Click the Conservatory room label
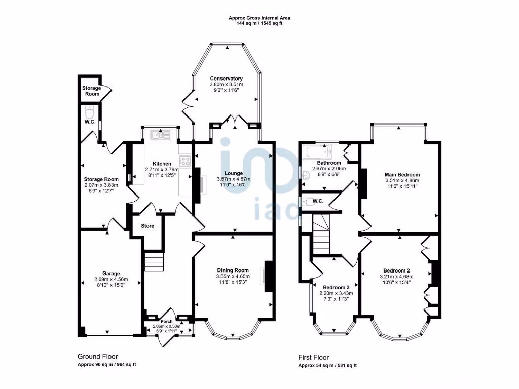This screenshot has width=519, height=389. click(226, 79)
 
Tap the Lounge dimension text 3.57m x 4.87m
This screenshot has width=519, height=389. click(234, 179)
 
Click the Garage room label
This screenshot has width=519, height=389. click(110, 273)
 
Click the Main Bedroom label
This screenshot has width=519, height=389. click(402, 175)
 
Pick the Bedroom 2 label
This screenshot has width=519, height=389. click(396, 270)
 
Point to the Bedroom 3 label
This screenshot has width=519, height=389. click(335, 287)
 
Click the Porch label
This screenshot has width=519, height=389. click(166, 322)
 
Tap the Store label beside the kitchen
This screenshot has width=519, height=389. click(147, 226)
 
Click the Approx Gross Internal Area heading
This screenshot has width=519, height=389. click(259, 18)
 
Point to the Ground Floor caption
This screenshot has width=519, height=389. click(97, 356)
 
